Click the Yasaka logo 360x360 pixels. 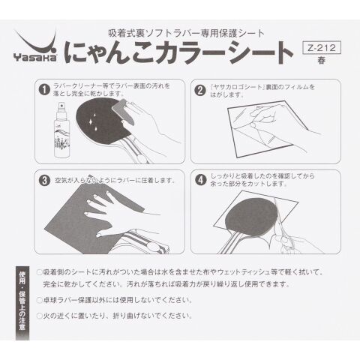pyautogui.click(x=36, y=47)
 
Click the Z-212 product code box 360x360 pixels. pyautogui.click(x=322, y=47)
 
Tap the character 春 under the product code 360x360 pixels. pyautogui.click(x=322, y=61)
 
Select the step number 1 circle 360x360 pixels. pyautogui.click(x=44, y=90)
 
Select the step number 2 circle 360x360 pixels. pyautogui.click(x=200, y=91)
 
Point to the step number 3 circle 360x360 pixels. pyautogui.click(x=45, y=181)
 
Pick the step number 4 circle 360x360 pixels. pyautogui.click(x=201, y=180)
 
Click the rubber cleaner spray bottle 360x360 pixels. pyautogui.click(x=61, y=130)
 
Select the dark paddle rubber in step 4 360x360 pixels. pyautogui.click(x=251, y=217)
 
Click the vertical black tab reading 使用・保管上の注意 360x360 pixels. pyautogui.click(x=22, y=303)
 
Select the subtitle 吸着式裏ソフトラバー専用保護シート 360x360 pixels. pyautogui.click(x=186, y=34)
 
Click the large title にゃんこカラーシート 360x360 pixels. pyautogui.click(x=178, y=52)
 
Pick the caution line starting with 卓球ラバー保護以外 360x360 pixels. pyautogui.click(x=115, y=300)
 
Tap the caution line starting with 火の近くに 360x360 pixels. pyautogui.click(x=115, y=316)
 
